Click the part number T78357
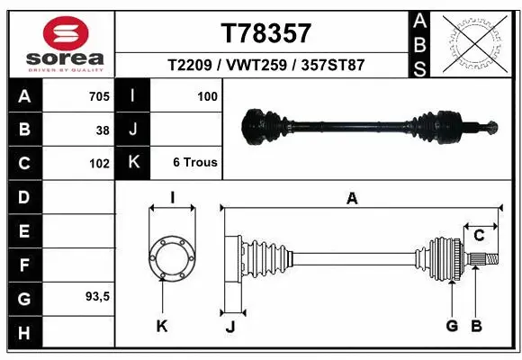[x=265, y=33]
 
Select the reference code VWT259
[x=265, y=66]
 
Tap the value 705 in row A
[x=98, y=95]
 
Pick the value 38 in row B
[x=102, y=130]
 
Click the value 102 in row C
[x=99, y=164]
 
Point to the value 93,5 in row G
[x=97, y=296]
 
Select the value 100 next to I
[x=208, y=95]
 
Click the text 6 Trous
[x=193, y=164]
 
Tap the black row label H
[x=23, y=332]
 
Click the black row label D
[x=23, y=197]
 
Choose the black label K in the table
[x=133, y=163]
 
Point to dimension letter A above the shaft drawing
[x=352, y=199]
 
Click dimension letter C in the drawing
[x=480, y=236]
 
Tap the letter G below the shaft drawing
[x=452, y=326]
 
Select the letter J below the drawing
[x=230, y=327]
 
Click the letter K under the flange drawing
[x=162, y=326]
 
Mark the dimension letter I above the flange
[x=172, y=199]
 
